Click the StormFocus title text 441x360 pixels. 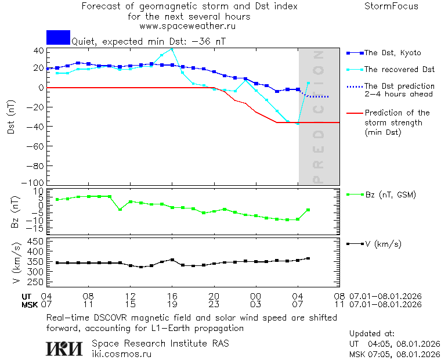(x=391, y=6)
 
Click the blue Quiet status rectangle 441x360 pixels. (x=58, y=37)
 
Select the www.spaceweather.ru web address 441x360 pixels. (x=187, y=26)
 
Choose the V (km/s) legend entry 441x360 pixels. (x=382, y=244)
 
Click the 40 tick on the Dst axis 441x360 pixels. (x=38, y=51)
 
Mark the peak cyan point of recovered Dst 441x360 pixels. (x=172, y=49)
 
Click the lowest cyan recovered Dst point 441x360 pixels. (x=298, y=124)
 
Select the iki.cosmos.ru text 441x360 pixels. (x=121, y=354)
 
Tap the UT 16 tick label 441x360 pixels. (x=172, y=296)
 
